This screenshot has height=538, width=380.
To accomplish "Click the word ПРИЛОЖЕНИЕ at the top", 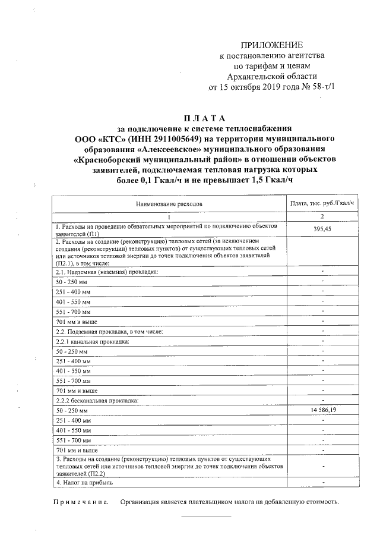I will point(271,45).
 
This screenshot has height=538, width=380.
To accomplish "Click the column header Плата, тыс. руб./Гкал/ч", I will point(322,203).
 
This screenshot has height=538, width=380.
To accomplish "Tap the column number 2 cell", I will point(322,217).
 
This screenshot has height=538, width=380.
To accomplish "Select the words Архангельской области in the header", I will point(271,76).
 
